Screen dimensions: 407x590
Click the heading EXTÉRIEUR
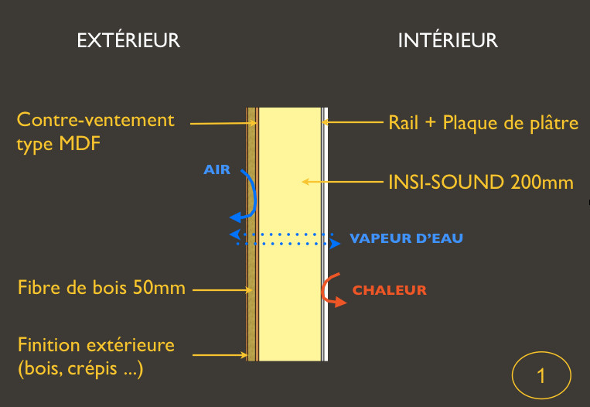[x=128, y=40]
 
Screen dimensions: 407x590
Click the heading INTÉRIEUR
[x=448, y=40]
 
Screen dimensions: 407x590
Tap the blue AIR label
[x=217, y=169]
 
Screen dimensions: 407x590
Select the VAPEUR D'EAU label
[x=406, y=238]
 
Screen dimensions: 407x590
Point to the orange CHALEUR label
[x=389, y=291]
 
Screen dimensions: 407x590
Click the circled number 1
[x=541, y=376]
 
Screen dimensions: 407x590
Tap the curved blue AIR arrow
[x=247, y=197]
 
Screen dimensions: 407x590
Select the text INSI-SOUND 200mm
[x=480, y=183]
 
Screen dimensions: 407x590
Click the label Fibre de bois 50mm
[x=101, y=289]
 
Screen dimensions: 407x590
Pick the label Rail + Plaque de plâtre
[x=483, y=122]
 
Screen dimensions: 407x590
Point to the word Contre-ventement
[x=96, y=121]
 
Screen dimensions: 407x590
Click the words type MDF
[x=58, y=144]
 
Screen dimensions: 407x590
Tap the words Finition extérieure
[x=96, y=344]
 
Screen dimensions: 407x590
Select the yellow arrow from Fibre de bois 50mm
[x=221, y=290]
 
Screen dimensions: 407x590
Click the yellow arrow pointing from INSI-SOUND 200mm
[x=340, y=183]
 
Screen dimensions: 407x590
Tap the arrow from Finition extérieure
[x=220, y=356]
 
